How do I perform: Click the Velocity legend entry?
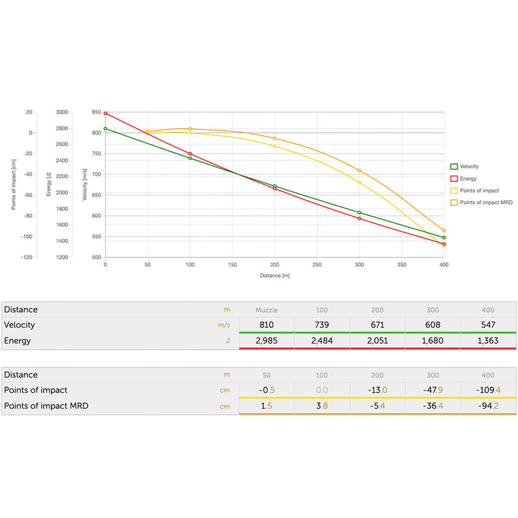click(468, 166)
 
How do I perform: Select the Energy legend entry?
click(467, 178)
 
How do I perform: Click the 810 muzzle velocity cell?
click(266, 325)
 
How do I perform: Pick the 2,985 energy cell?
click(266, 340)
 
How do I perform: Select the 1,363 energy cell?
click(488, 340)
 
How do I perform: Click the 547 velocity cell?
click(488, 325)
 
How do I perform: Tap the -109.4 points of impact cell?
click(488, 390)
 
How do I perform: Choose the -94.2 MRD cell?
click(488, 406)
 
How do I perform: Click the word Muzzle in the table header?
click(266, 310)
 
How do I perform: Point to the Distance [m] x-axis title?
click(275, 275)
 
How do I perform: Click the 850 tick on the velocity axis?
click(96, 112)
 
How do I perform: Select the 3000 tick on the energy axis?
click(63, 112)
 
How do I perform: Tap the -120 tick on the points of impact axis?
click(27, 257)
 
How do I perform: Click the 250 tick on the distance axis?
click(317, 265)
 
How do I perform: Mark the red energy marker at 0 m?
click(105, 114)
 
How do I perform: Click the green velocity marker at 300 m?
click(360, 212)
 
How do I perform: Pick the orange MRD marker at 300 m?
click(359, 171)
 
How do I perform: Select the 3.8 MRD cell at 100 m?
click(322, 406)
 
